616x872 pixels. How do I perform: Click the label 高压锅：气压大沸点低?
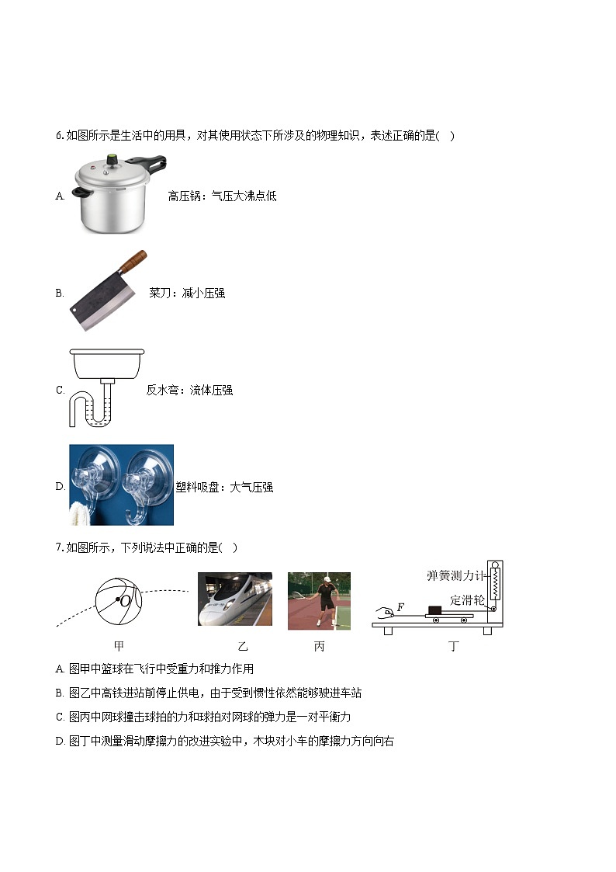222,196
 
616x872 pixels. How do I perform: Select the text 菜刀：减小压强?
187,294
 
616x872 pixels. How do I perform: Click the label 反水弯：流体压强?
189,391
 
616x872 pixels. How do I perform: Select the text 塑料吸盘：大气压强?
224,488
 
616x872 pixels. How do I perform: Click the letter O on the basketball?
124,600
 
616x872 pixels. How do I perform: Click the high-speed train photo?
234,599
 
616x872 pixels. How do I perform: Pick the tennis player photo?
319,600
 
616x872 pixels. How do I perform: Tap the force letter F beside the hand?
401,606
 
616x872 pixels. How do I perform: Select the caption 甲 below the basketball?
119,646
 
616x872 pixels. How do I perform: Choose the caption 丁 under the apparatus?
453,646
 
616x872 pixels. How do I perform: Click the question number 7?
59,547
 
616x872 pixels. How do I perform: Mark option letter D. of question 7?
61,742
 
